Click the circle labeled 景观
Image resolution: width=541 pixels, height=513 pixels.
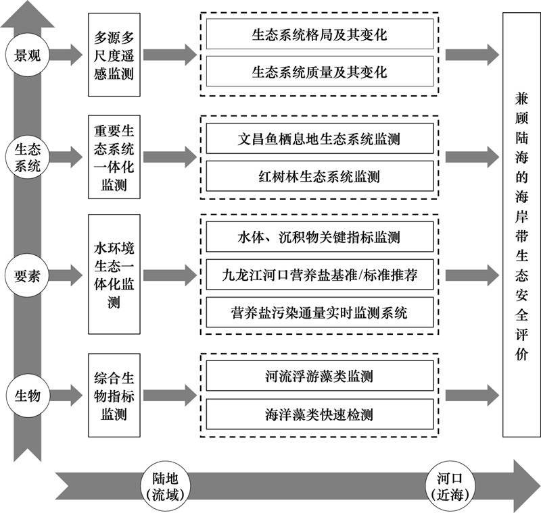point(27,55)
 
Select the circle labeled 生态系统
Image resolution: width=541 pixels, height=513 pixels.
point(27,158)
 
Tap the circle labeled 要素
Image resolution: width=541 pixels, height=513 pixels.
point(27,276)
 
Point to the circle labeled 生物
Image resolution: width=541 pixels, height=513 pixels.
point(27,395)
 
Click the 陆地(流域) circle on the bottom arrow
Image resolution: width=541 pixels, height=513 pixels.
point(165,487)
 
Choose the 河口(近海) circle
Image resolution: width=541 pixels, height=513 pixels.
point(450,487)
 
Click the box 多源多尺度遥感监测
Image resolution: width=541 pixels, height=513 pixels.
point(114,55)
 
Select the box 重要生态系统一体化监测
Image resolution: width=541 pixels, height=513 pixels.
point(114,157)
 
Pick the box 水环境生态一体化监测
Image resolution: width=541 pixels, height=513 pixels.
point(114,275)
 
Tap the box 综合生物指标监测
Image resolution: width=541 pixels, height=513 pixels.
point(114,396)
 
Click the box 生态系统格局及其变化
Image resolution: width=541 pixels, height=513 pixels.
point(320,34)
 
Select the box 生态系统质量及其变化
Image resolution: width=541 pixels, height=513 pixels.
point(320,72)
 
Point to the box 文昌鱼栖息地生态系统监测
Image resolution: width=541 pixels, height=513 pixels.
point(320,138)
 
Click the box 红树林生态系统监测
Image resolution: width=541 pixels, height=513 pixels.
point(320,176)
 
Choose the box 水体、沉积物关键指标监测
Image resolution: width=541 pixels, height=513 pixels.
point(320,237)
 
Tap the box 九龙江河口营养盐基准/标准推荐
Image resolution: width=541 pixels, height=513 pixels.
point(320,275)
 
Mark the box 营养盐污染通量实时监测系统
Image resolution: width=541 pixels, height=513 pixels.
point(320,313)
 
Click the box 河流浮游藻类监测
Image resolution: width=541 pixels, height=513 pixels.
point(320,376)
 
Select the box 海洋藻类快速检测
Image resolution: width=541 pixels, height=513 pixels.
point(320,414)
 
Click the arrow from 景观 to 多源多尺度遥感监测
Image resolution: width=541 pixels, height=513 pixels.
point(66,55)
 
